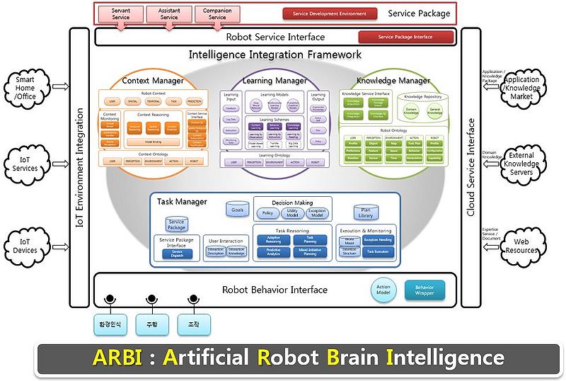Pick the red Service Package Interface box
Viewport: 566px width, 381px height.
click(405, 37)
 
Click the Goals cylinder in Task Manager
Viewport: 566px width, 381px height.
click(237, 209)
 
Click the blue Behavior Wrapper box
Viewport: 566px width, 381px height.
click(424, 289)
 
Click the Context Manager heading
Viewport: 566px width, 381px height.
click(153, 81)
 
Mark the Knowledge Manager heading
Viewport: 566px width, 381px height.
click(393, 81)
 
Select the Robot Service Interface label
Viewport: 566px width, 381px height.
click(275, 37)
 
